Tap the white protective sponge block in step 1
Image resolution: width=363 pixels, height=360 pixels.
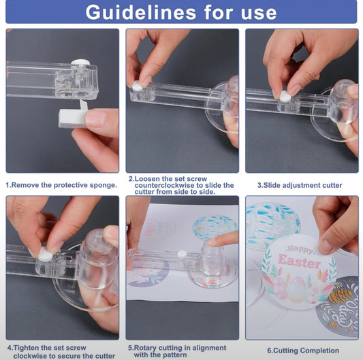click(x=72, y=118)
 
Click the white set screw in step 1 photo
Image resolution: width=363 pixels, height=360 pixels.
click(x=80, y=63)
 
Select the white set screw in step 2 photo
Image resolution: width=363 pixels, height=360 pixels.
click(x=138, y=86)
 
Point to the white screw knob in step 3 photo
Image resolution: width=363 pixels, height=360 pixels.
click(x=285, y=96)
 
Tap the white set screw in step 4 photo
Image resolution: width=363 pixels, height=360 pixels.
click(x=45, y=255)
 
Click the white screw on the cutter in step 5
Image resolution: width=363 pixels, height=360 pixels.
click(x=182, y=254)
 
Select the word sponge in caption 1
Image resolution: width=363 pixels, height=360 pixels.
click(x=104, y=185)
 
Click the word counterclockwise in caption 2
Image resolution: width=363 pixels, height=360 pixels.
click(x=164, y=185)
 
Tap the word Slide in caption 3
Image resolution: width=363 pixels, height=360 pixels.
click(x=272, y=185)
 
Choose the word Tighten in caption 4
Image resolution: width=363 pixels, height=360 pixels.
click(x=26, y=348)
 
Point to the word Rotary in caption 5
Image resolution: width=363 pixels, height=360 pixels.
click(x=145, y=348)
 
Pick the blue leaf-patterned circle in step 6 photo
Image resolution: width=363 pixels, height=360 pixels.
click(x=271, y=225)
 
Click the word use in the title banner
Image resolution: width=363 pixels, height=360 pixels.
click(x=259, y=13)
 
